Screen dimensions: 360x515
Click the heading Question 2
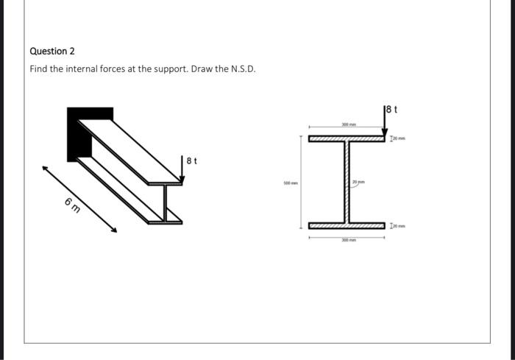click(52, 52)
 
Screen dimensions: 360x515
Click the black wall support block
click(79, 133)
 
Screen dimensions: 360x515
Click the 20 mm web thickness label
click(358, 182)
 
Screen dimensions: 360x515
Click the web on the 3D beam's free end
click(166, 200)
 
